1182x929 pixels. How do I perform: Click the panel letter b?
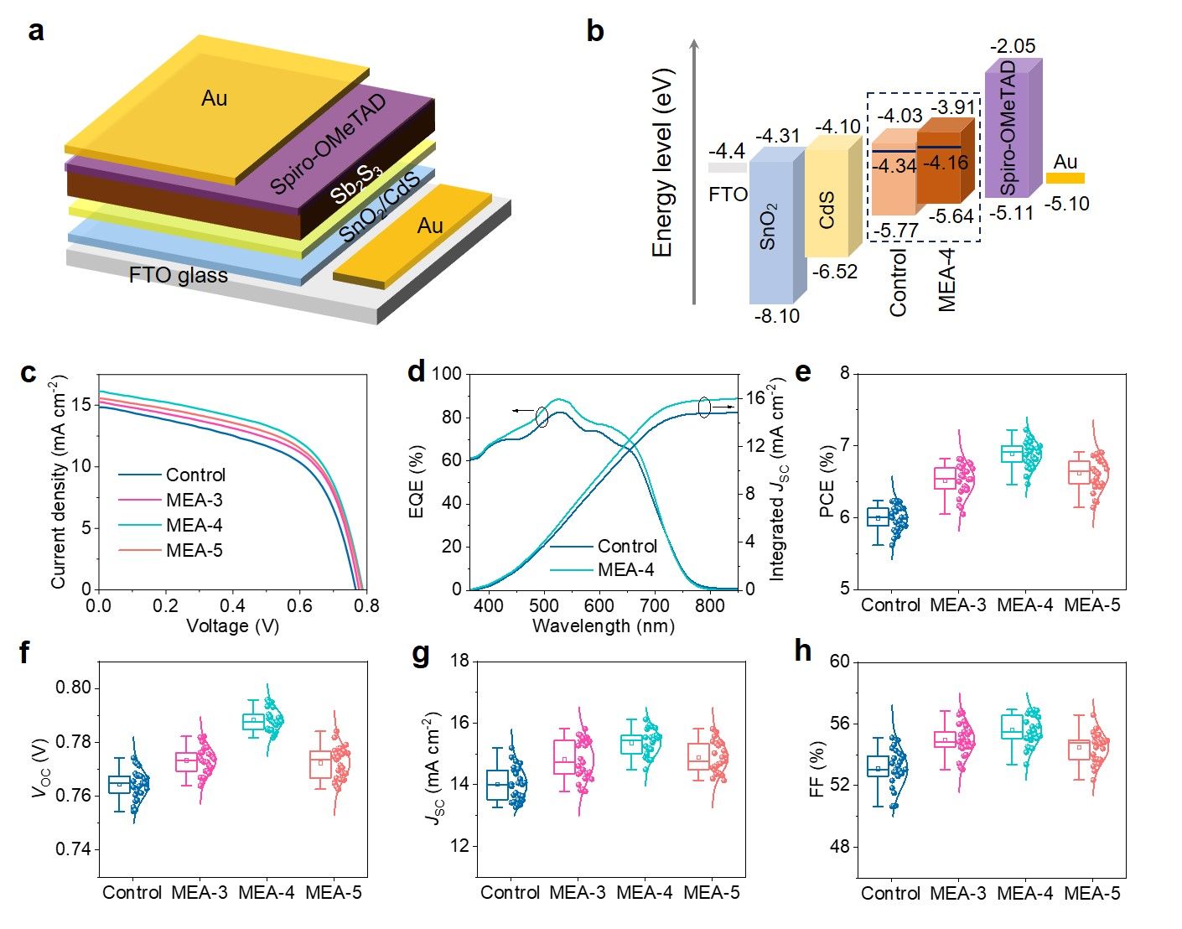click(594, 32)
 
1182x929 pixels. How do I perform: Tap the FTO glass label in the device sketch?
click(178, 275)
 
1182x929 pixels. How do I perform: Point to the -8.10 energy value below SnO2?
click(776, 317)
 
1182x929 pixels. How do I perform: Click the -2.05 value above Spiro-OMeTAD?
click(1013, 47)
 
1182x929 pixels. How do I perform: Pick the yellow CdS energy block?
click(827, 206)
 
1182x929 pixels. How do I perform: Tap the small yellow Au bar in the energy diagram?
click(1065, 178)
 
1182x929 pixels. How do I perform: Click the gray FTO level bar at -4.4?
click(727, 168)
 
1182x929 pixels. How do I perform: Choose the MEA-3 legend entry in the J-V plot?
click(194, 500)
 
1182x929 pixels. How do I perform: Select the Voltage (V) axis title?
click(232, 625)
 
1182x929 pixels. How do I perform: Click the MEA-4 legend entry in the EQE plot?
click(625, 570)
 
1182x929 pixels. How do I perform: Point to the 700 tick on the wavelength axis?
click(654, 605)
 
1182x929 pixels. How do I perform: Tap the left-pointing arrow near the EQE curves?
click(525, 411)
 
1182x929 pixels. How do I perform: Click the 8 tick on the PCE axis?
click(844, 374)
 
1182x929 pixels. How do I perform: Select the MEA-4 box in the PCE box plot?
click(1012, 454)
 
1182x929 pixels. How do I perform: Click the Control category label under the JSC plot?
click(510, 894)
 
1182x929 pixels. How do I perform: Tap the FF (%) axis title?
click(818, 770)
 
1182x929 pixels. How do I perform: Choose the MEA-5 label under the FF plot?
click(1091, 894)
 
